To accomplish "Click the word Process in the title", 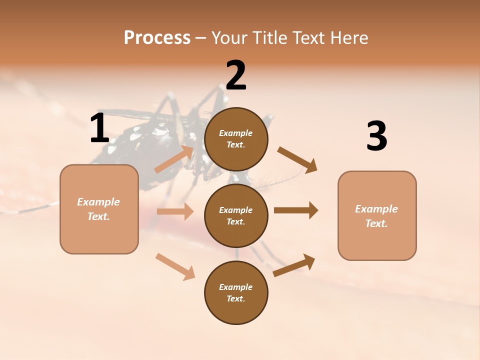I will point(157,38).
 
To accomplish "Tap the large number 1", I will point(99,128).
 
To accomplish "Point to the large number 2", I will point(236,75).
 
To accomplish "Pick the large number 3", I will point(376,136).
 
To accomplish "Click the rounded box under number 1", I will point(99,209).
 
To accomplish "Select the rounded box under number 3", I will point(377,216).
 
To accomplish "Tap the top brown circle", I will point(236,139).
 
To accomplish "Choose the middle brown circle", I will point(236,216).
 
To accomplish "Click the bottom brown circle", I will point(236,293).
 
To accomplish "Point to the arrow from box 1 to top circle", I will point(174,159).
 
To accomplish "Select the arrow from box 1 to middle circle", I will point(175,211).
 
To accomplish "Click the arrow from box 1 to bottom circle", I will point(175,266).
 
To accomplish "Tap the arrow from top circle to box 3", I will point(297,160).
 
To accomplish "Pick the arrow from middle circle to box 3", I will point(296,210).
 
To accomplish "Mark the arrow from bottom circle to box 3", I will point(294,265).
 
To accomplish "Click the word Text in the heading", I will point(308,38).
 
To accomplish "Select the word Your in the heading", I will point(228,38).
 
